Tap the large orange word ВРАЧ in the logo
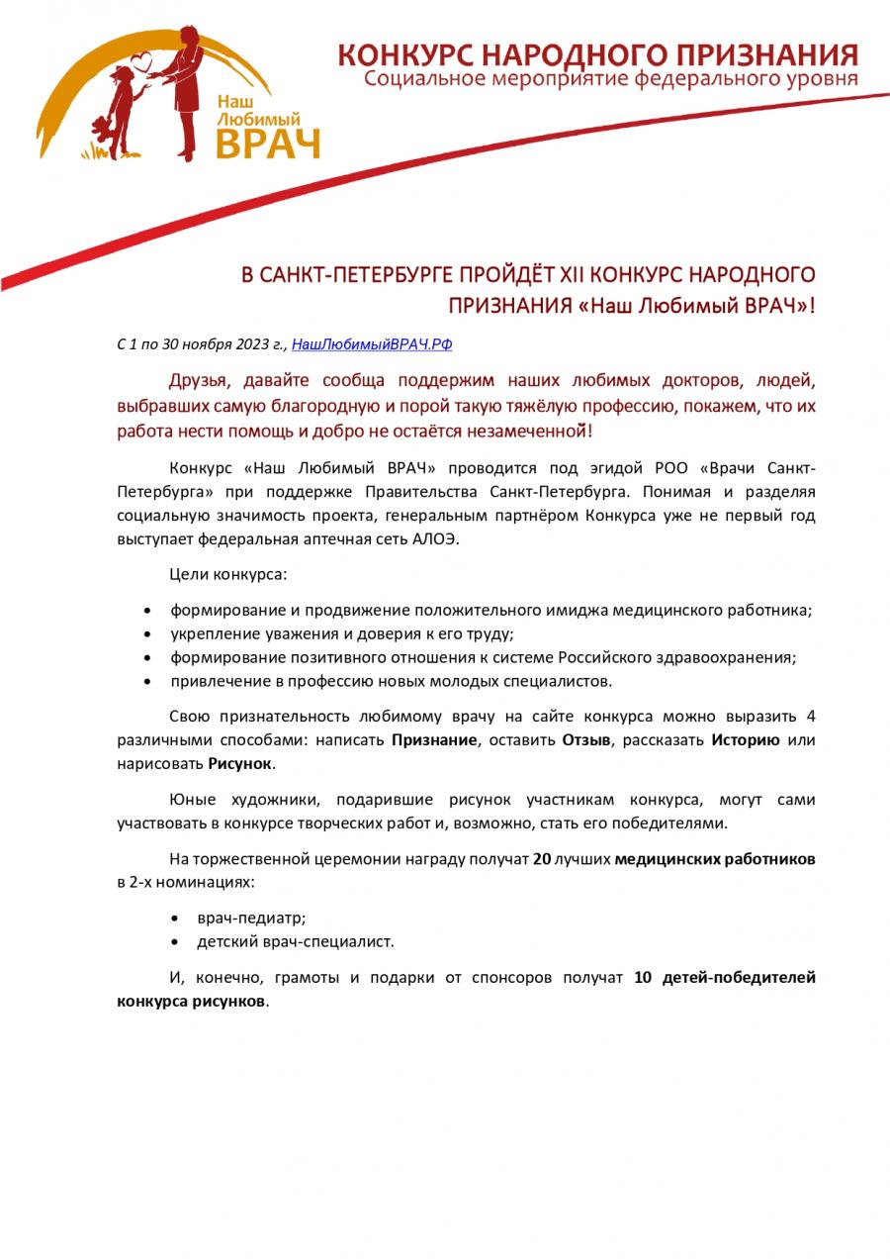[268, 143]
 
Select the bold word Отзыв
[586, 739]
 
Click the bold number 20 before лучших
[541, 859]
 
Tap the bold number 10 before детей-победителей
[642, 978]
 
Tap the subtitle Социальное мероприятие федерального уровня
[610, 78]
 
